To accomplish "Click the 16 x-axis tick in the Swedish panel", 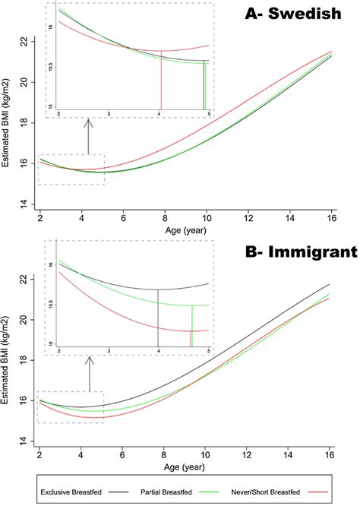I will click(330, 217).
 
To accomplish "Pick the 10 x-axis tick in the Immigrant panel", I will click(206, 454).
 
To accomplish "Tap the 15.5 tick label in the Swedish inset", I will click(51, 67).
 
